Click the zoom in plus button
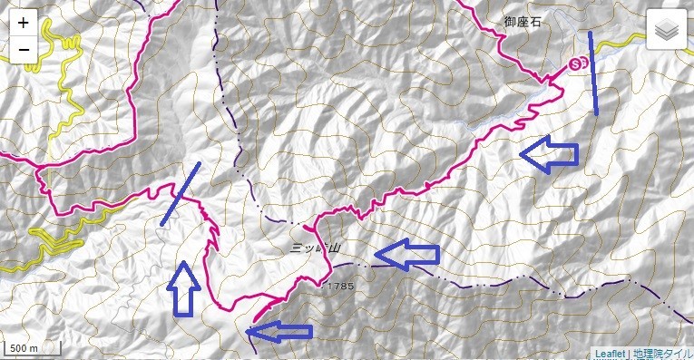tap(23, 23)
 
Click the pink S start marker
tap(578, 64)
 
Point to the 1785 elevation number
tap(342, 287)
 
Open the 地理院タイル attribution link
tap(661, 353)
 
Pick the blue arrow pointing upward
tap(184, 288)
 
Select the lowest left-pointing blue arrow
tap(279, 332)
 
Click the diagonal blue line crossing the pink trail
tap(181, 194)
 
